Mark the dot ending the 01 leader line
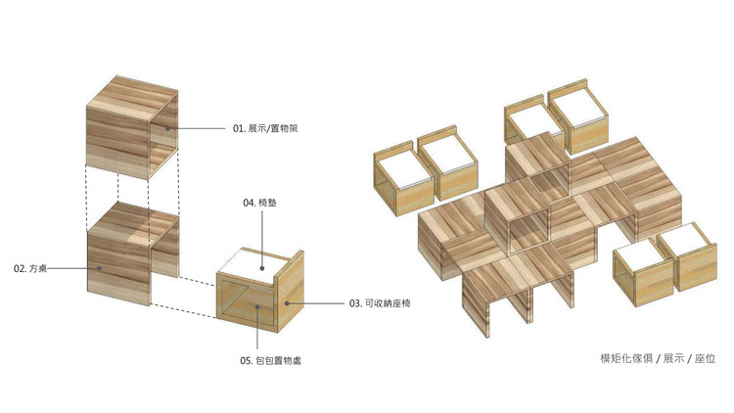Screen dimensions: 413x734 tap(166, 128)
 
